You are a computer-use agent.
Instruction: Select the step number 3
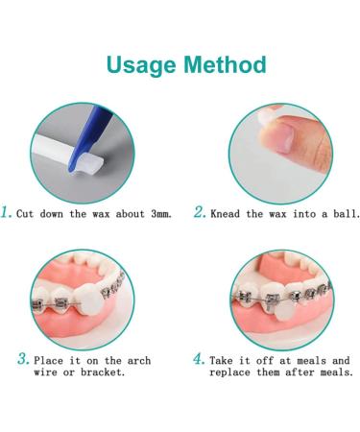tap(22, 358)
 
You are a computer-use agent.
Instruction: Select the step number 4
tap(199, 358)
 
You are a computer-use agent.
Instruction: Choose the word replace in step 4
tap(233, 372)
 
